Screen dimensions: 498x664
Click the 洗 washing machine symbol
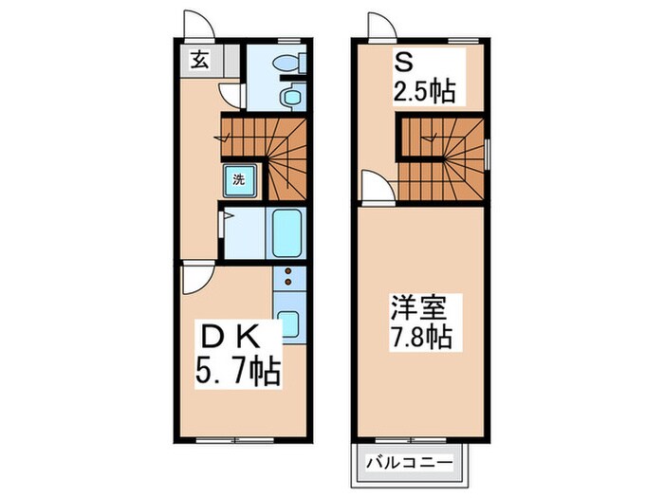pos(239,178)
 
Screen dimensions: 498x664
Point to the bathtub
pos(286,231)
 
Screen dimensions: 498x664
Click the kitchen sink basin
pos(288,323)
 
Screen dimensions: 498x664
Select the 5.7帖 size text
pos(237,371)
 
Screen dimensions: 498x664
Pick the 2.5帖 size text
pos(423,92)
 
